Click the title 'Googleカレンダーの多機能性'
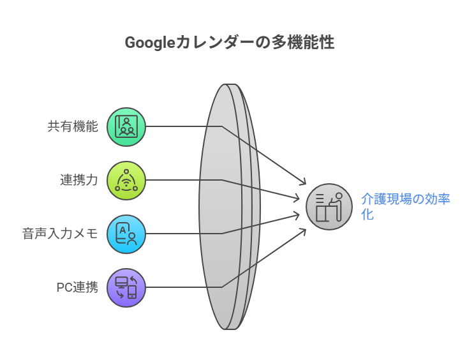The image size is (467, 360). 229,43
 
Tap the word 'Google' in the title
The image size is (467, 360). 149,43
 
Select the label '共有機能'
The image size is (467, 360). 73,126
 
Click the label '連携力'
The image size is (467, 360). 79,180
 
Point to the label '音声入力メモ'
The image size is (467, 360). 60,234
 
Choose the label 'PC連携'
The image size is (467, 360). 77,287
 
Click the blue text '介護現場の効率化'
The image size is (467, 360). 405,206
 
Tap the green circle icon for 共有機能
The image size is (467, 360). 126,126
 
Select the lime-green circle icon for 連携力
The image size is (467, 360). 126,180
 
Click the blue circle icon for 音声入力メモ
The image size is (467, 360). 126,234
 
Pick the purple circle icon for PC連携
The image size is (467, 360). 126,288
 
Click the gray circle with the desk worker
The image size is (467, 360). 329,207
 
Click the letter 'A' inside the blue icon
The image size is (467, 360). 122,230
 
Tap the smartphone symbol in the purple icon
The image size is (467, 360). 132,292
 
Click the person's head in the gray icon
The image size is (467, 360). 339,196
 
